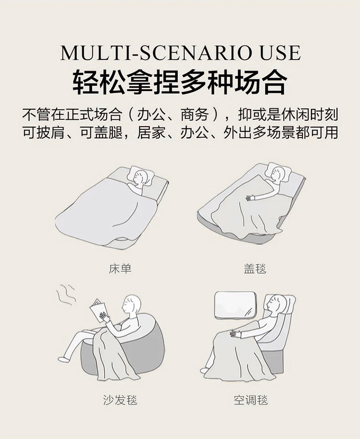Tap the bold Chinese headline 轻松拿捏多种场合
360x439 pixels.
180,82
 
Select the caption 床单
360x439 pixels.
120,269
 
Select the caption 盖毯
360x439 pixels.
255,269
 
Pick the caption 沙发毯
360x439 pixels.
120,400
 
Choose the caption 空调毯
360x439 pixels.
251,400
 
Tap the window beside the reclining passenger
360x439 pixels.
235,305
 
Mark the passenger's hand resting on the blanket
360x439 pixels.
236,333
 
